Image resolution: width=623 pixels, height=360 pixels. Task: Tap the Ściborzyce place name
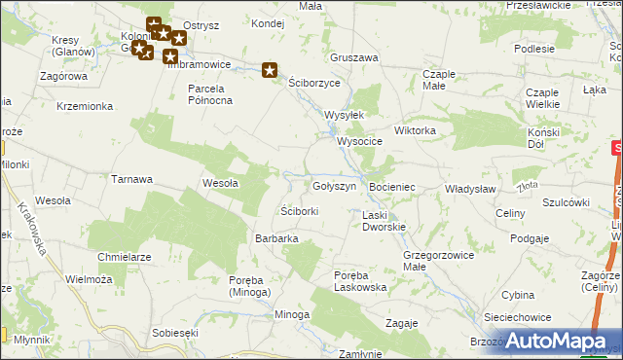point(314,84)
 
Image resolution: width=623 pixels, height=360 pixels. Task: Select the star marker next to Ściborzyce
point(270,69)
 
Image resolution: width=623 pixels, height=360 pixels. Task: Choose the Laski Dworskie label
point(384,221)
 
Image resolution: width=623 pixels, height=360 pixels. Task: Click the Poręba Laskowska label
point(360,281)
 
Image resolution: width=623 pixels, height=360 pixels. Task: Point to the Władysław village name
point(471,189)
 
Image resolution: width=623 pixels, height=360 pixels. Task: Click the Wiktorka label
point(415,129)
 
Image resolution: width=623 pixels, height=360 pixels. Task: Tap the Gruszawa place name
point(353,57)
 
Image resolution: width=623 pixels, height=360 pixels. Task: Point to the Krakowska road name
point(32,228)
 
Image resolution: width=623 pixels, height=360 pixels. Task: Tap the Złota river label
point(529,185)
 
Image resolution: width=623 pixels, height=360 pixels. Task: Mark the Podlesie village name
point(534,49)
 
